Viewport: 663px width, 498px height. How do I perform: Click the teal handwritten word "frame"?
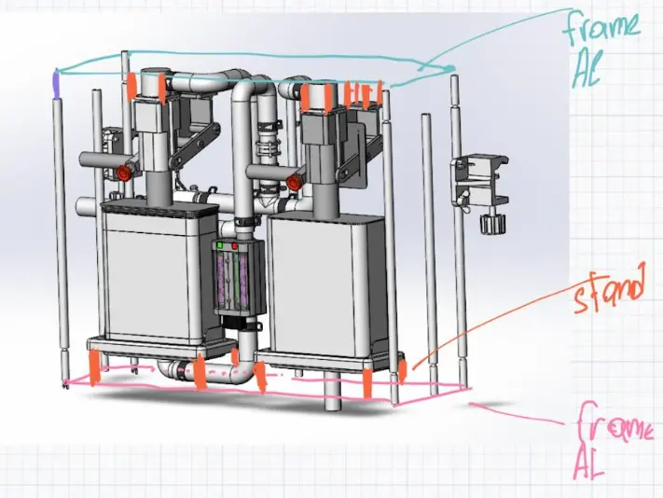pos(601,25)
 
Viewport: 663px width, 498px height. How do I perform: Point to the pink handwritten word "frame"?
pos(613,425)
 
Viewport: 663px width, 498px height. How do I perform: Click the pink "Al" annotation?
pos(588,463)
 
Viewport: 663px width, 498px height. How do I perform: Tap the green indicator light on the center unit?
pos(219,245)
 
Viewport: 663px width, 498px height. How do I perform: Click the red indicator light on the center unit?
pos(235,246)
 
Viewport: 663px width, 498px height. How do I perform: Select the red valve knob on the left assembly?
pos(123,173)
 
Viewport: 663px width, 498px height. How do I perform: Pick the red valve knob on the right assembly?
pos(293,182)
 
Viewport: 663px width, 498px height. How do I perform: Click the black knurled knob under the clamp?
pos(492,223)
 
